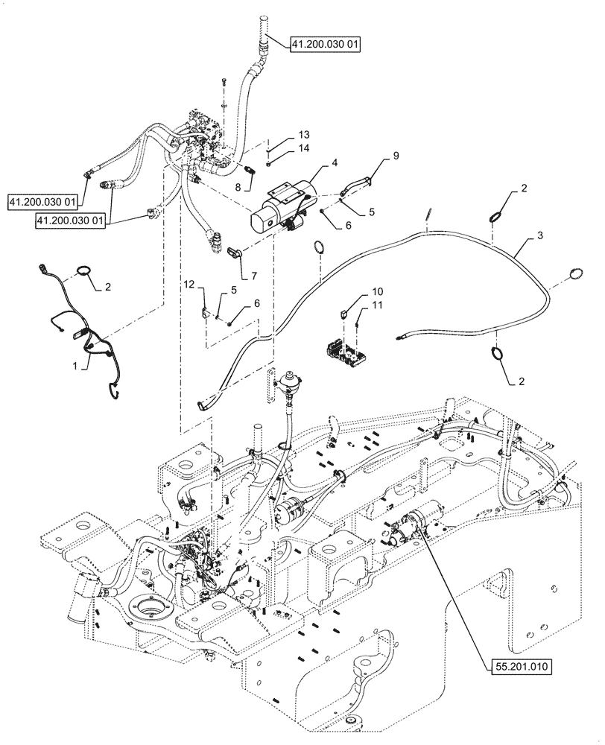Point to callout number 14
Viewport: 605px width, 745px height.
(282, 148)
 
